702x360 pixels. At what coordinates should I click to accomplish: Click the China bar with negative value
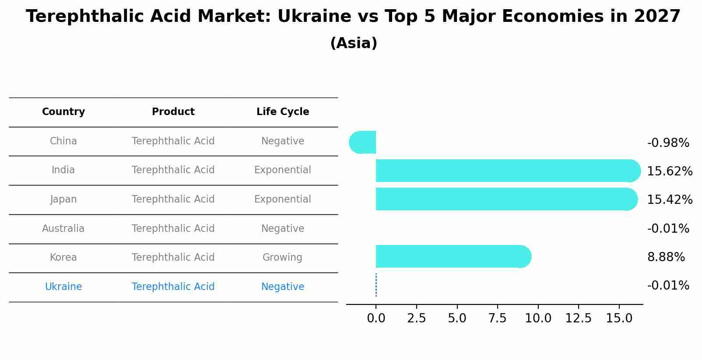[363, 142]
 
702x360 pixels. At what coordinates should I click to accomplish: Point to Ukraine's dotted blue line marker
[376, 285]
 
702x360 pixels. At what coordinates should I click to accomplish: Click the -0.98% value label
[668, 143]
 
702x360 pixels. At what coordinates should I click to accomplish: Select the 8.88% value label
[666, 257]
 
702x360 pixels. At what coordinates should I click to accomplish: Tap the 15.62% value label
[670, 171]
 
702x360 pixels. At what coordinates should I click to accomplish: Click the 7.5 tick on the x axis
[498, 318]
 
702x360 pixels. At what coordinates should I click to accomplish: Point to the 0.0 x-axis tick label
[376, 318]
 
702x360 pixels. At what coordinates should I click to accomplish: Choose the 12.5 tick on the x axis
[578, 318]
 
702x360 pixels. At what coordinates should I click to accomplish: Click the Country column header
[63, 112]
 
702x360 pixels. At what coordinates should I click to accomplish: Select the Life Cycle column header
[283, 112]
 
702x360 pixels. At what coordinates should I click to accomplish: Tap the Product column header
[173, 112]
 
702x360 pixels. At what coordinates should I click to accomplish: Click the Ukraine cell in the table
[63, 287]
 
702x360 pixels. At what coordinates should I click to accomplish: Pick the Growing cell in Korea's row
[282, 258]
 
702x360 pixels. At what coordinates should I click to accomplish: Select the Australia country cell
[63, 229]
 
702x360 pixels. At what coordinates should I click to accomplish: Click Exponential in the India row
[282, 170]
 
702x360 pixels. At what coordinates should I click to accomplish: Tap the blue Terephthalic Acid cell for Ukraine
[173, 287]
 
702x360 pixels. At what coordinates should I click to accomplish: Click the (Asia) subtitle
[354, 43]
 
